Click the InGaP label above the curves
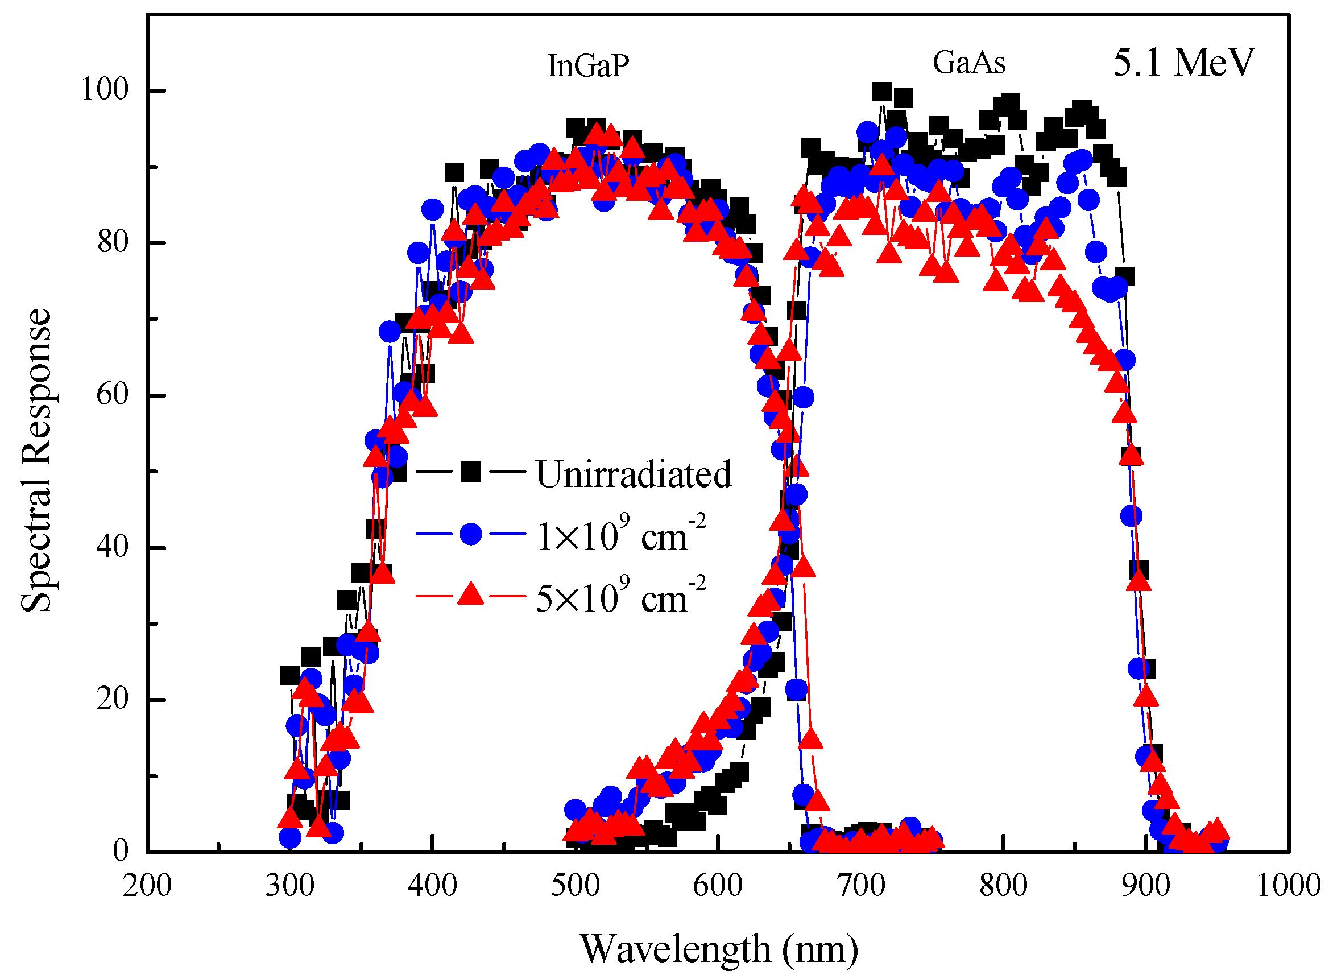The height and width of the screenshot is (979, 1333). point(587,67)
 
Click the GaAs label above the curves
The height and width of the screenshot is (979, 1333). point(969,63)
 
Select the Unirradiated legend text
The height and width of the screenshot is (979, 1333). point(634,474)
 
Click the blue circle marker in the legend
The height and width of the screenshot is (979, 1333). point(471,534)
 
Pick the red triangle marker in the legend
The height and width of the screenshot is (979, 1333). point(471,594)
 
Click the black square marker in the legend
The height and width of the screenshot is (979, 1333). point(471,472)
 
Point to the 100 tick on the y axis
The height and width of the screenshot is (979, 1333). point(105,90)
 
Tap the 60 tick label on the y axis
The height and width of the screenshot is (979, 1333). point(113,395)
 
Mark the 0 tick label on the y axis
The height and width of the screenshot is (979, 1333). point(121,852)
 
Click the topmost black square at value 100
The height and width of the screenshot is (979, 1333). point(881,92)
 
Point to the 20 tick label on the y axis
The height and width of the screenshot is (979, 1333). point(113,699)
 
